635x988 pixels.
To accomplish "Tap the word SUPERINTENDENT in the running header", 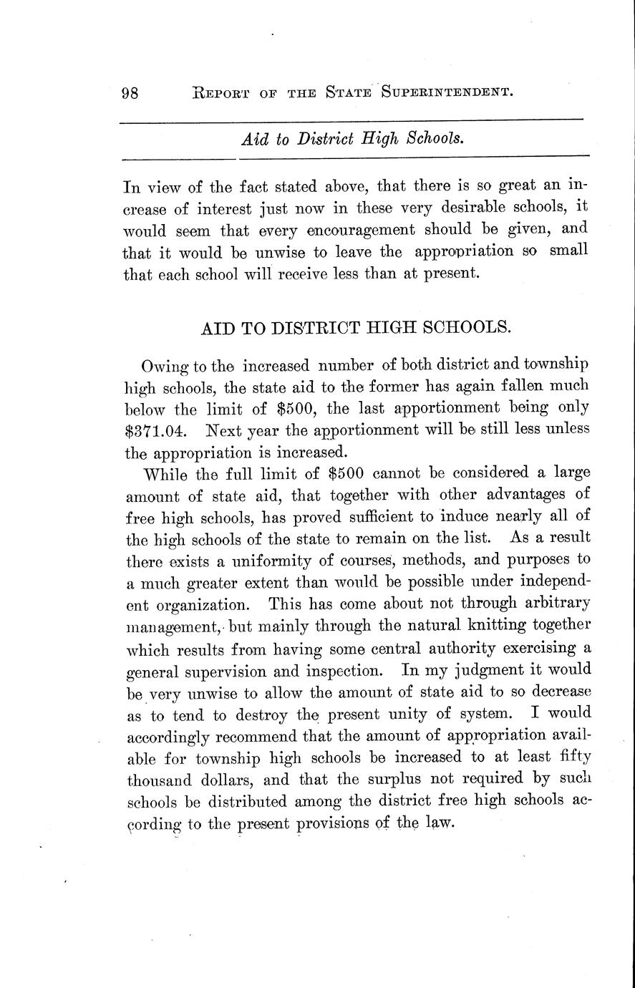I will pyautogui.click(x=447, y=92).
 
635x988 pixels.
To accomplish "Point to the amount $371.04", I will pyautogui.click(x=158, y=431).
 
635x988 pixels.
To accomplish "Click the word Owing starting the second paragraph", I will pyautogui.click(x=164, y=367).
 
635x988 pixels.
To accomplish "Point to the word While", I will pyautogui.click(x=169, y=474).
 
